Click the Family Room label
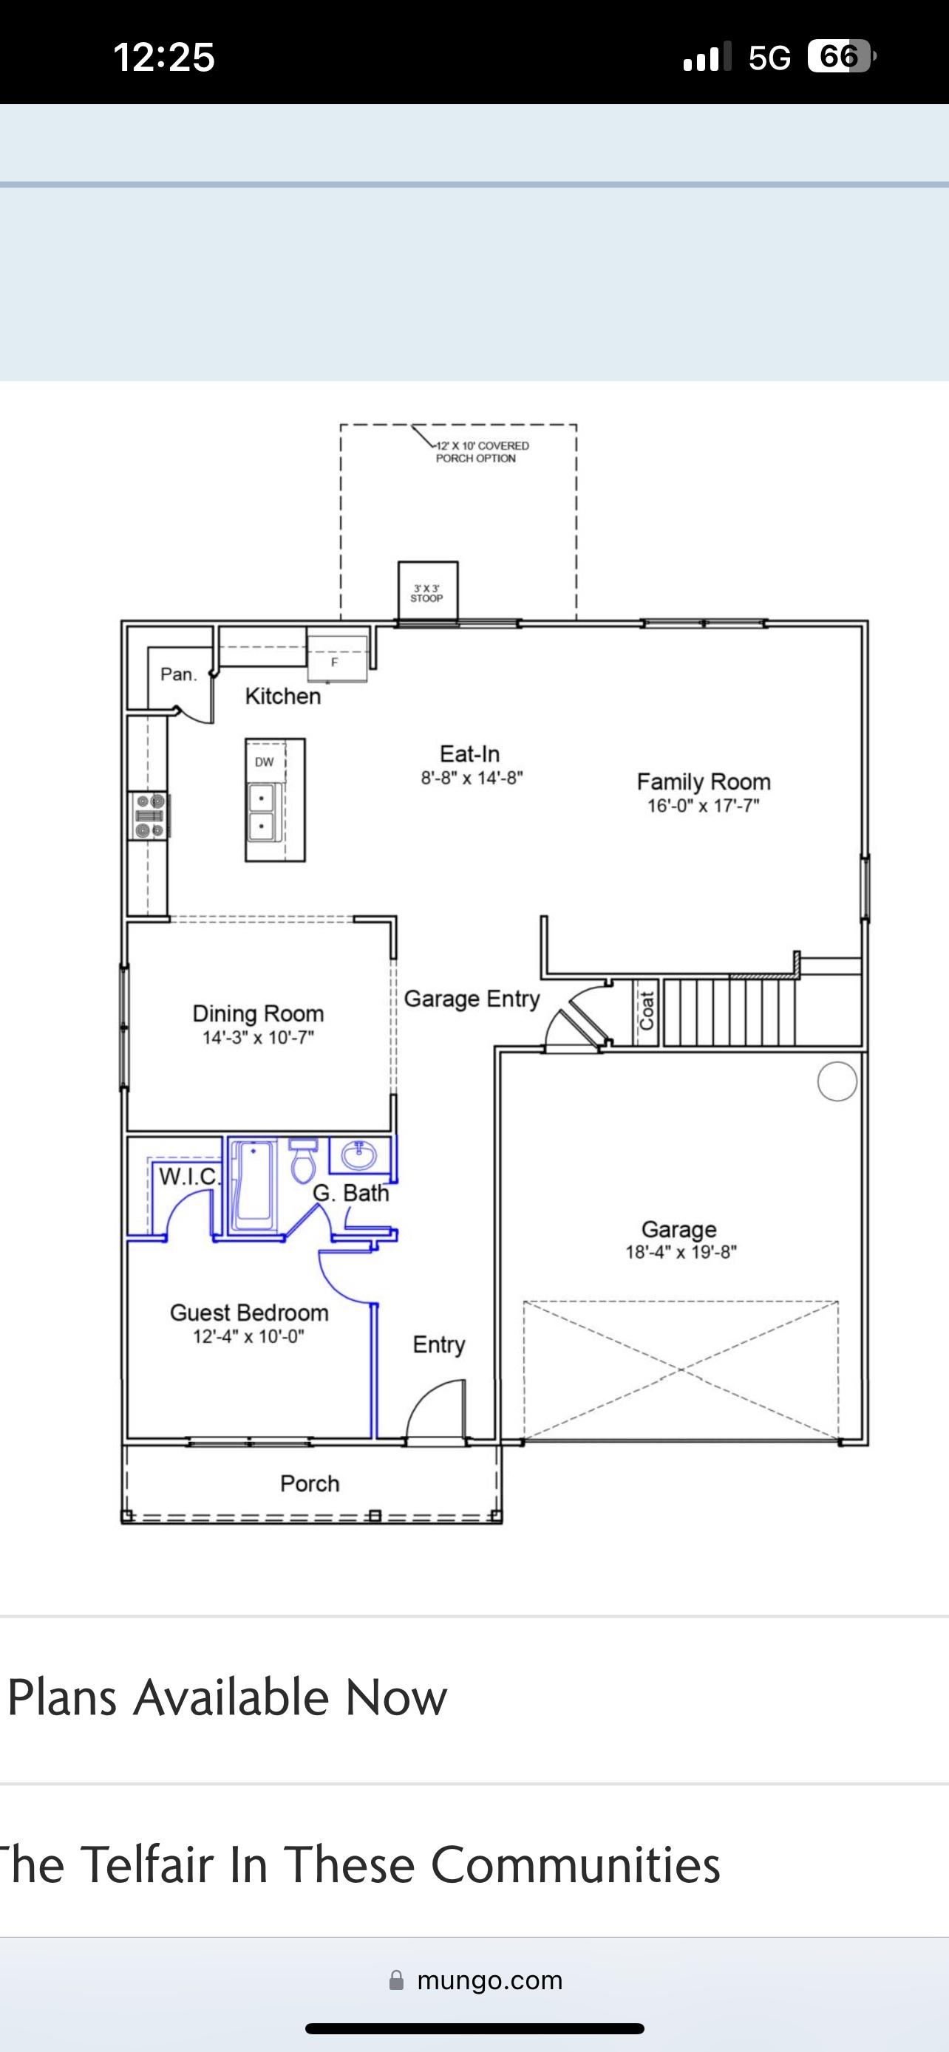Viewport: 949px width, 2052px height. click(704, 782)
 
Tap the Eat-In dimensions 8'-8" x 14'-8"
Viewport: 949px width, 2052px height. click(472, 778)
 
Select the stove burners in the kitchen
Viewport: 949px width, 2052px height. click(150, 815)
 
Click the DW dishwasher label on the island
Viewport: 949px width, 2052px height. click(265, 762)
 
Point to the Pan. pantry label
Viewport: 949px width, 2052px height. click(178, 674)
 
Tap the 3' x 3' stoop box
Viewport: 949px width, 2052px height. click(428, 591)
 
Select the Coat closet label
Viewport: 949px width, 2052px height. click(646, 1011)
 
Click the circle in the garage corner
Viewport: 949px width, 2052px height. click(837, 1081)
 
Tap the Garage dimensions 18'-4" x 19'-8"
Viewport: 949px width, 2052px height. click(681, 1251)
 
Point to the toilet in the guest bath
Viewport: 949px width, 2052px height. click(303, 1160)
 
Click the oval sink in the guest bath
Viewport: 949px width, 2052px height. click(358, 1155)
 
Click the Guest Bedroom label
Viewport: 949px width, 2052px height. click(249, 1313)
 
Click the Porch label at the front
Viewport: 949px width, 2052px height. click(310, 1483)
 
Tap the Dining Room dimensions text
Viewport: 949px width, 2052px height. click(258, 1037)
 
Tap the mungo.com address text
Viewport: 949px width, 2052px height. click(490, 1980)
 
